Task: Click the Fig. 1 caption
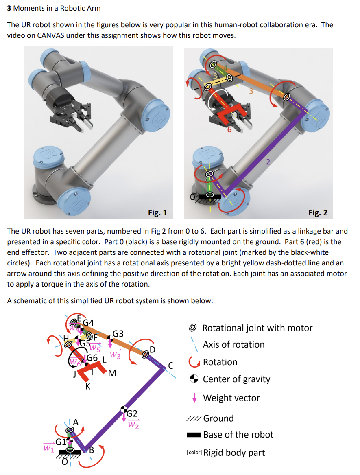[x=157, y=212]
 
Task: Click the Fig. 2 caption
[x=318, y=212]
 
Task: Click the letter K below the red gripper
[x=88, y=387]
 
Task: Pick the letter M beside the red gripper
[x=112, y=373]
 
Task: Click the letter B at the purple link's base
[x=92, y=450]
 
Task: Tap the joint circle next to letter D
[x=145, y=355]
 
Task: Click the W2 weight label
[x=133, y=425]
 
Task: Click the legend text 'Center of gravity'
[x=236, y=379]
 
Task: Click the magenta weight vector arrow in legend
[x=194, y=398]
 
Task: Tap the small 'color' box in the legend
[x=194, y=453]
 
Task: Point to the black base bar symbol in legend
[x=194, y=435]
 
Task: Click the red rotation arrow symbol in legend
[x=194, y=362]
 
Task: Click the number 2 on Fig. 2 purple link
[x=268, y=162]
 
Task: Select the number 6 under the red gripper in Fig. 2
[x=229, y=130]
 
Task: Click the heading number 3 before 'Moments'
[x=9, y=8]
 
